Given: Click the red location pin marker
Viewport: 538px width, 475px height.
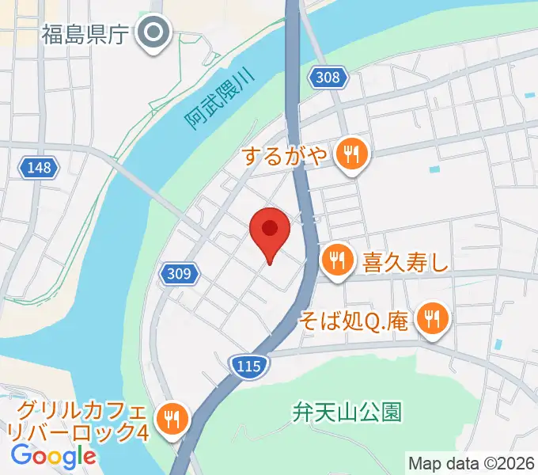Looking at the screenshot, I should click(270, 231).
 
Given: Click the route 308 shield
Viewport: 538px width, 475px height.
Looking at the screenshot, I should click(327, 77).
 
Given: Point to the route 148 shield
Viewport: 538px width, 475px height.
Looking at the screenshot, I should click(38, 167).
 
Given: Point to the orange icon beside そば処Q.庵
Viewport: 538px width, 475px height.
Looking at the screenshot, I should click(433, 320).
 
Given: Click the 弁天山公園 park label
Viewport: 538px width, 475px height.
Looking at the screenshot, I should click(347, 412).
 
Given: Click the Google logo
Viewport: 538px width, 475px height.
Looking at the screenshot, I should click(53, 456).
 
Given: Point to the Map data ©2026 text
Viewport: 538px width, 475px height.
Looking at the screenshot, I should click(471, 462).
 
